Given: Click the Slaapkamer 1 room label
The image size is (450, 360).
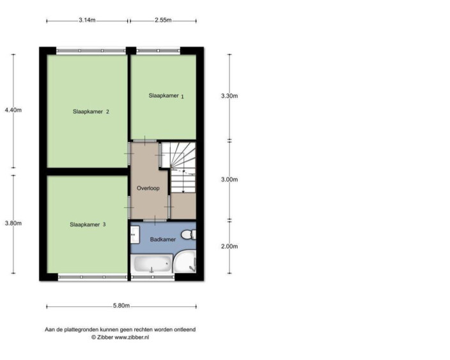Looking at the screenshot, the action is [166, 96].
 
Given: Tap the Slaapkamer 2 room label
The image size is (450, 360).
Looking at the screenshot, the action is [91, 112].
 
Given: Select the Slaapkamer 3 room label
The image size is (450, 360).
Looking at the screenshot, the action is [88, 224].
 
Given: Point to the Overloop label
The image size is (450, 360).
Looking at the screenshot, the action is [148, 189].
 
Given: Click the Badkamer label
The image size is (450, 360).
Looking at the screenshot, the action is [163, 239].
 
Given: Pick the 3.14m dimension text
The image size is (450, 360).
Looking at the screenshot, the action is [87, 20].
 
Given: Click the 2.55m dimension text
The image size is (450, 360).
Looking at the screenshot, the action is [163, 20].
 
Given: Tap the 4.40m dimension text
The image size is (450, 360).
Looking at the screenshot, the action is [13, 110].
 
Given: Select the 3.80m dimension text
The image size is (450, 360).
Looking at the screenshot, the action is [13, 223].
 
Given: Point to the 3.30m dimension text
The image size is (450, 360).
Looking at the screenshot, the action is [229, 96].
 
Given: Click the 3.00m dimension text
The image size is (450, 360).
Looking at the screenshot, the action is [229, 180].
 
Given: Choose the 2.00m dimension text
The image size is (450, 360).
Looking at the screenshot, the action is [229, 246].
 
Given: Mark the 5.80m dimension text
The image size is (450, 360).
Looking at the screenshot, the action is [121, 306].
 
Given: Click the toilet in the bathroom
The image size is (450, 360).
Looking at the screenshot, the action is [189, 235].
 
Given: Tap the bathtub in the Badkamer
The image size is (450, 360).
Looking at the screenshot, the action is [152, 264].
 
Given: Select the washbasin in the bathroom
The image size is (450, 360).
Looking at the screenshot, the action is [135, 235].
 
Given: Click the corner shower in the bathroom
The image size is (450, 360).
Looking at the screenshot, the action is [185, 262].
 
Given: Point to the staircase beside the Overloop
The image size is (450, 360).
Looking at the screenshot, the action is [178, 168].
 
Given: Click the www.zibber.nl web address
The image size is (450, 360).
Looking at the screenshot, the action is [132, 338].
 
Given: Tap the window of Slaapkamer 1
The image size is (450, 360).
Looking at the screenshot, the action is [158, 51].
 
